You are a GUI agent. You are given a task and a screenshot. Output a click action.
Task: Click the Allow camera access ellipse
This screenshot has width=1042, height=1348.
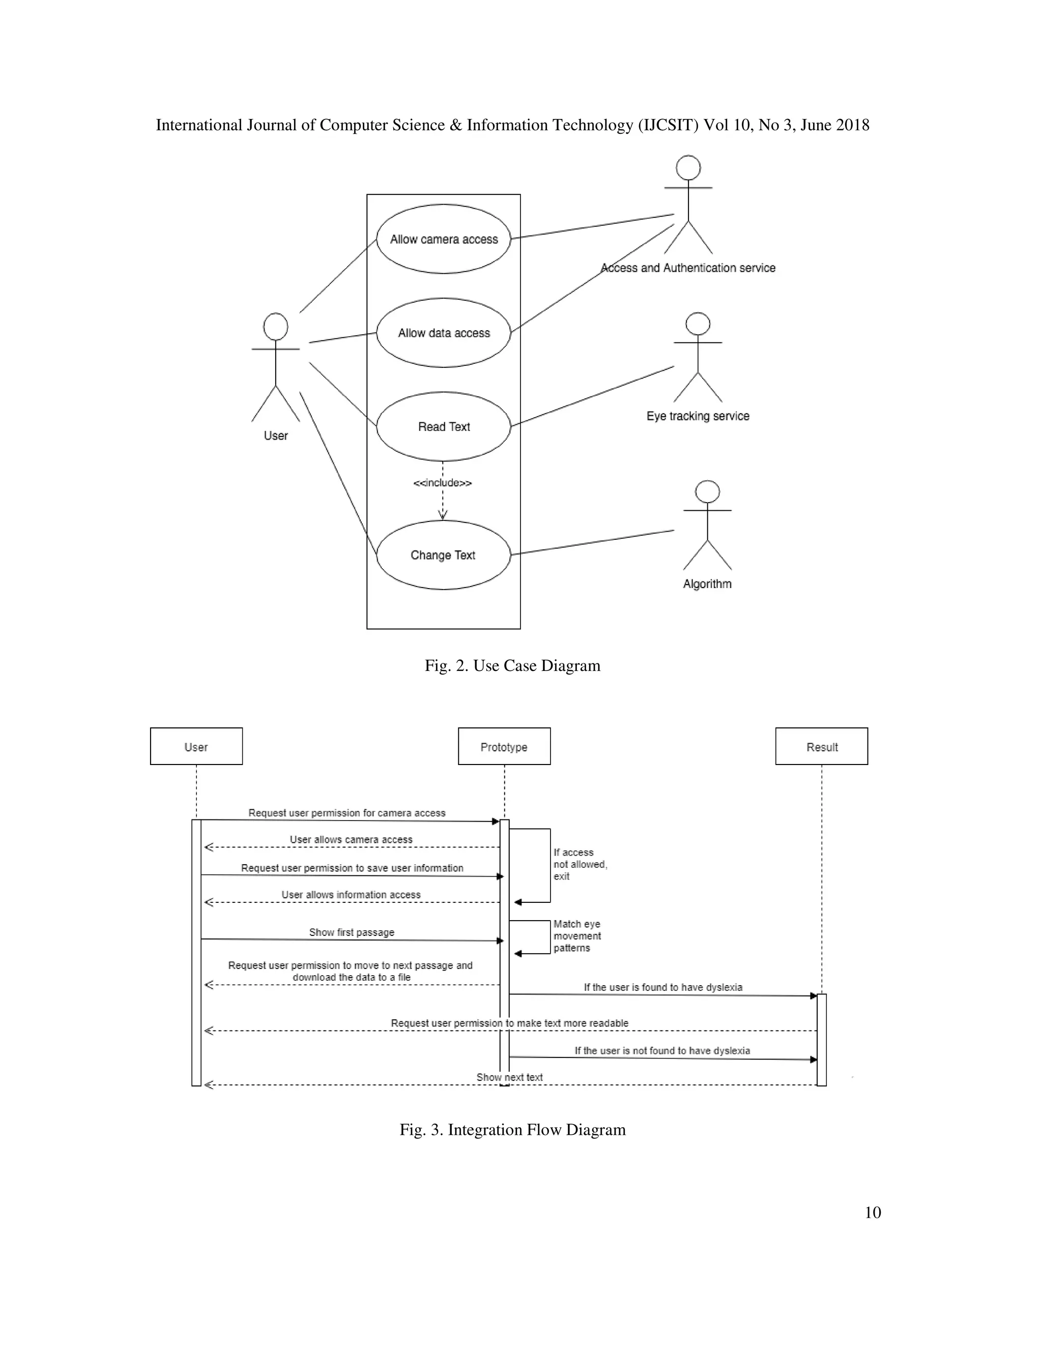(443, 239)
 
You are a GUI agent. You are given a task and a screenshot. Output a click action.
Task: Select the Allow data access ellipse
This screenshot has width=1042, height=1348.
(443, 333)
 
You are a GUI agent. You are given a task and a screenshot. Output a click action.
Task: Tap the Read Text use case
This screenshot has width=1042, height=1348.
(443, 426)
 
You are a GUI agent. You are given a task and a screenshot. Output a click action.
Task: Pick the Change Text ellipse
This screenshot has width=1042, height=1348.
(443, 555)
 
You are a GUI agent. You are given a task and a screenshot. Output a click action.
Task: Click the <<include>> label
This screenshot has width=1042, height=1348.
(443, 483)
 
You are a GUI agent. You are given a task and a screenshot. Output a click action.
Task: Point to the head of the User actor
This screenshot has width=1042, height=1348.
(275, 327)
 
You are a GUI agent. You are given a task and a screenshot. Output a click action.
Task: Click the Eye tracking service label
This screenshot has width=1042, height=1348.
(698, 416)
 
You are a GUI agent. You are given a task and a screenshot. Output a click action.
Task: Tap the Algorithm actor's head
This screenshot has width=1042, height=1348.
(707, 492)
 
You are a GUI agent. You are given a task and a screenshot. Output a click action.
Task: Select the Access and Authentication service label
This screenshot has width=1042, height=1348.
(688, 268)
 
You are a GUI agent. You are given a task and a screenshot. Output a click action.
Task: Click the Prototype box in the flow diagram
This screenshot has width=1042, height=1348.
(504, 747)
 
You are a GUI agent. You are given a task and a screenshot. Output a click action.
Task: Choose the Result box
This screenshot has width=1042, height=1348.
(822, 747)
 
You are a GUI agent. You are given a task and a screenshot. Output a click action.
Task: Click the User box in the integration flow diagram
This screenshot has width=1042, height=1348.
(196, 747)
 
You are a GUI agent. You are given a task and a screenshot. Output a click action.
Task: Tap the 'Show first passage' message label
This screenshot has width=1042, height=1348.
(351, 932)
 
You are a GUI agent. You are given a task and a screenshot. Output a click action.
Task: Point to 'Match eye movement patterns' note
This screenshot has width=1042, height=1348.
(576, 935)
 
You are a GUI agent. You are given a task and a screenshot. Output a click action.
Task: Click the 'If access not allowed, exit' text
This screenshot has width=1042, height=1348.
(580, 864)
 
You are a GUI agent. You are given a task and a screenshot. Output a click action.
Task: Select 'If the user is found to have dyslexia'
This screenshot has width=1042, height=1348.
(663, 987)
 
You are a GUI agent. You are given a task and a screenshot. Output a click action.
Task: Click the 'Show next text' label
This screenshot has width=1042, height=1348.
(509, 1077)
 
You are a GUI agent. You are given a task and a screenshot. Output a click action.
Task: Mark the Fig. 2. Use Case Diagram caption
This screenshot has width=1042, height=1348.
(512, 665)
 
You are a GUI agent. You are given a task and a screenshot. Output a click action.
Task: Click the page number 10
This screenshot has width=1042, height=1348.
(872, 1212)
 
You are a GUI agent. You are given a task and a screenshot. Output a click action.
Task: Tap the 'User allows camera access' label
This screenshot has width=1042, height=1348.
(351, 839)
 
